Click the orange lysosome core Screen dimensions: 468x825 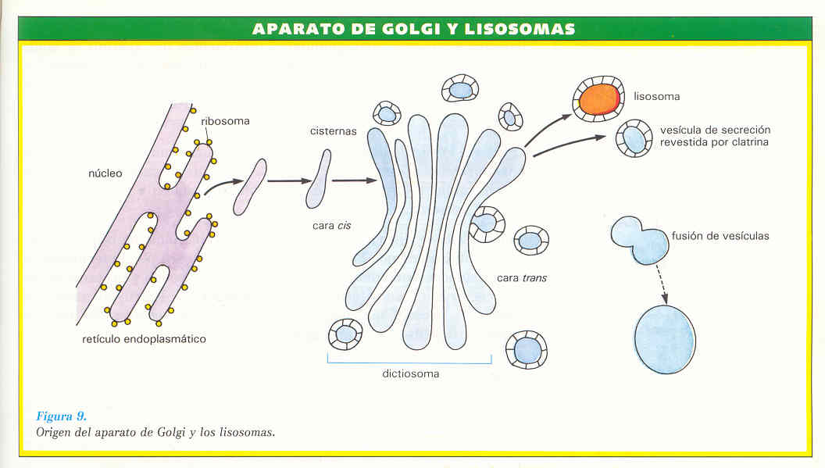tap(599, 99)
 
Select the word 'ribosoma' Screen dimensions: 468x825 tap(225, 121)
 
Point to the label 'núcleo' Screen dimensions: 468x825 tap(105, 173)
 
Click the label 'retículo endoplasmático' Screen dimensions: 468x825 tap(144, 339)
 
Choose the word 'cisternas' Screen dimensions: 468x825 tap(333, 131)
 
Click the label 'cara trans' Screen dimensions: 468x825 tap(522, 278)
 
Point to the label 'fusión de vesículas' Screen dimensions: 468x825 tap(720, 235)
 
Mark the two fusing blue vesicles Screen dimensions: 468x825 tap(640, 239)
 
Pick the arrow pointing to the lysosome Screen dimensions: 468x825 tap(550, 130)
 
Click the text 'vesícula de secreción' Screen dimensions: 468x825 tap(715, 130)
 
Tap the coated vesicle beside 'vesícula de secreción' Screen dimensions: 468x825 tap(634, 140)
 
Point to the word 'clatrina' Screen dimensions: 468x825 tap(748, 142)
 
